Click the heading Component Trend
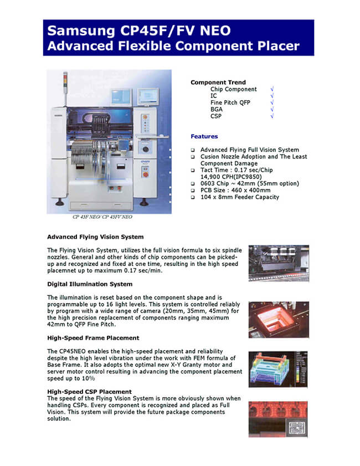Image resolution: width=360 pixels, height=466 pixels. coord(218,83)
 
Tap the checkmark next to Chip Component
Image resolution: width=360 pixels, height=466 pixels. coord(272,89)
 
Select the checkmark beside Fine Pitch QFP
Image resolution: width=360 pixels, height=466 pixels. coord(272,103)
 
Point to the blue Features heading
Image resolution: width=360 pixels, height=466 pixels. coord(204,136)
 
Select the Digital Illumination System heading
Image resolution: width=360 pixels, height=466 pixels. coord(90,284)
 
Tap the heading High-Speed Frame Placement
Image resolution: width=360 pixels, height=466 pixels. coord(93,337)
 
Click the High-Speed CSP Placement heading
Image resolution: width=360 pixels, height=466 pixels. coord(89,392)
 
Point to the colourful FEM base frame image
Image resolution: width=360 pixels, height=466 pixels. coord(278,369)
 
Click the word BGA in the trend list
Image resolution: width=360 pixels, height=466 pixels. coord(217,110)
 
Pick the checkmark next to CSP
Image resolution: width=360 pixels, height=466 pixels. coord(272,116)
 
